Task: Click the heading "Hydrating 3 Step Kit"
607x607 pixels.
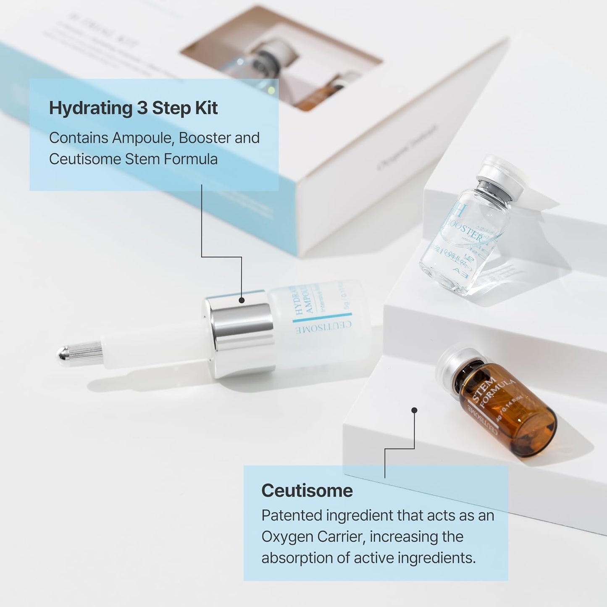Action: point(133,108)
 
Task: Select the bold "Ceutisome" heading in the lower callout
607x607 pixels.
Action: point(307,491)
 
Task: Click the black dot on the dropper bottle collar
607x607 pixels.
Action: point(242,300)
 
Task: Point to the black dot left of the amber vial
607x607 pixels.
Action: point(414,410)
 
